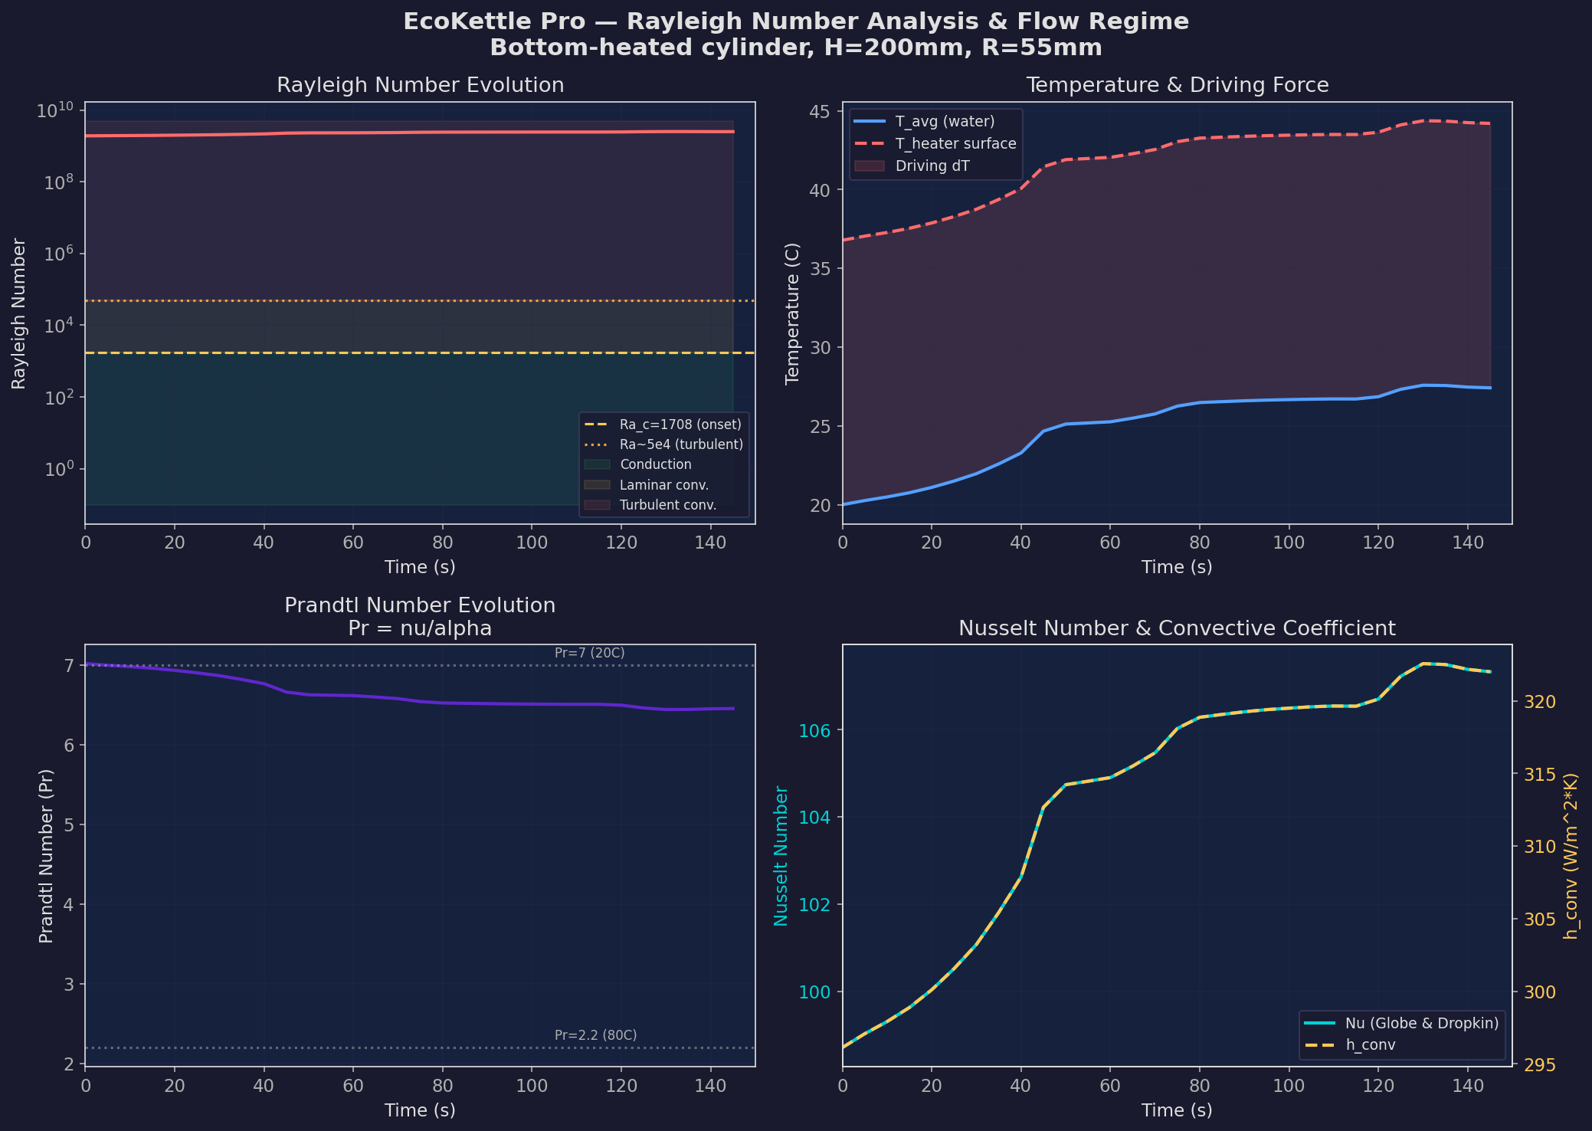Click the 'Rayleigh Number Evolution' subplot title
pyautogui.click(x=420, y=85)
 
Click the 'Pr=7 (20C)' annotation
pyautogui.click(x=589, y=653)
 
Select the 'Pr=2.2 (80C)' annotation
pyautogui.click(x=595, y=1035)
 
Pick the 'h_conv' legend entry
pyautogui.click(x=1371, y=1045)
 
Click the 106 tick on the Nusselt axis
pyautogui.click(x=814, y=730)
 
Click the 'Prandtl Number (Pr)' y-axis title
pyautogui.click(x=46, y=855)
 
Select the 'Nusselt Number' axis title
pyautogui.click(x=781, y=855)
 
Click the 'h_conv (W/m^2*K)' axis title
pyautogui.click(x=1570, y=855)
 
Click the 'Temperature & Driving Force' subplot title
pyautogui.click(x=1177, y=85)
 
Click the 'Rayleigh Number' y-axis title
pyautogui.click(x=18, y=313)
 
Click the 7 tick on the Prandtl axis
pyautogui.click(x=70, y=666)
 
